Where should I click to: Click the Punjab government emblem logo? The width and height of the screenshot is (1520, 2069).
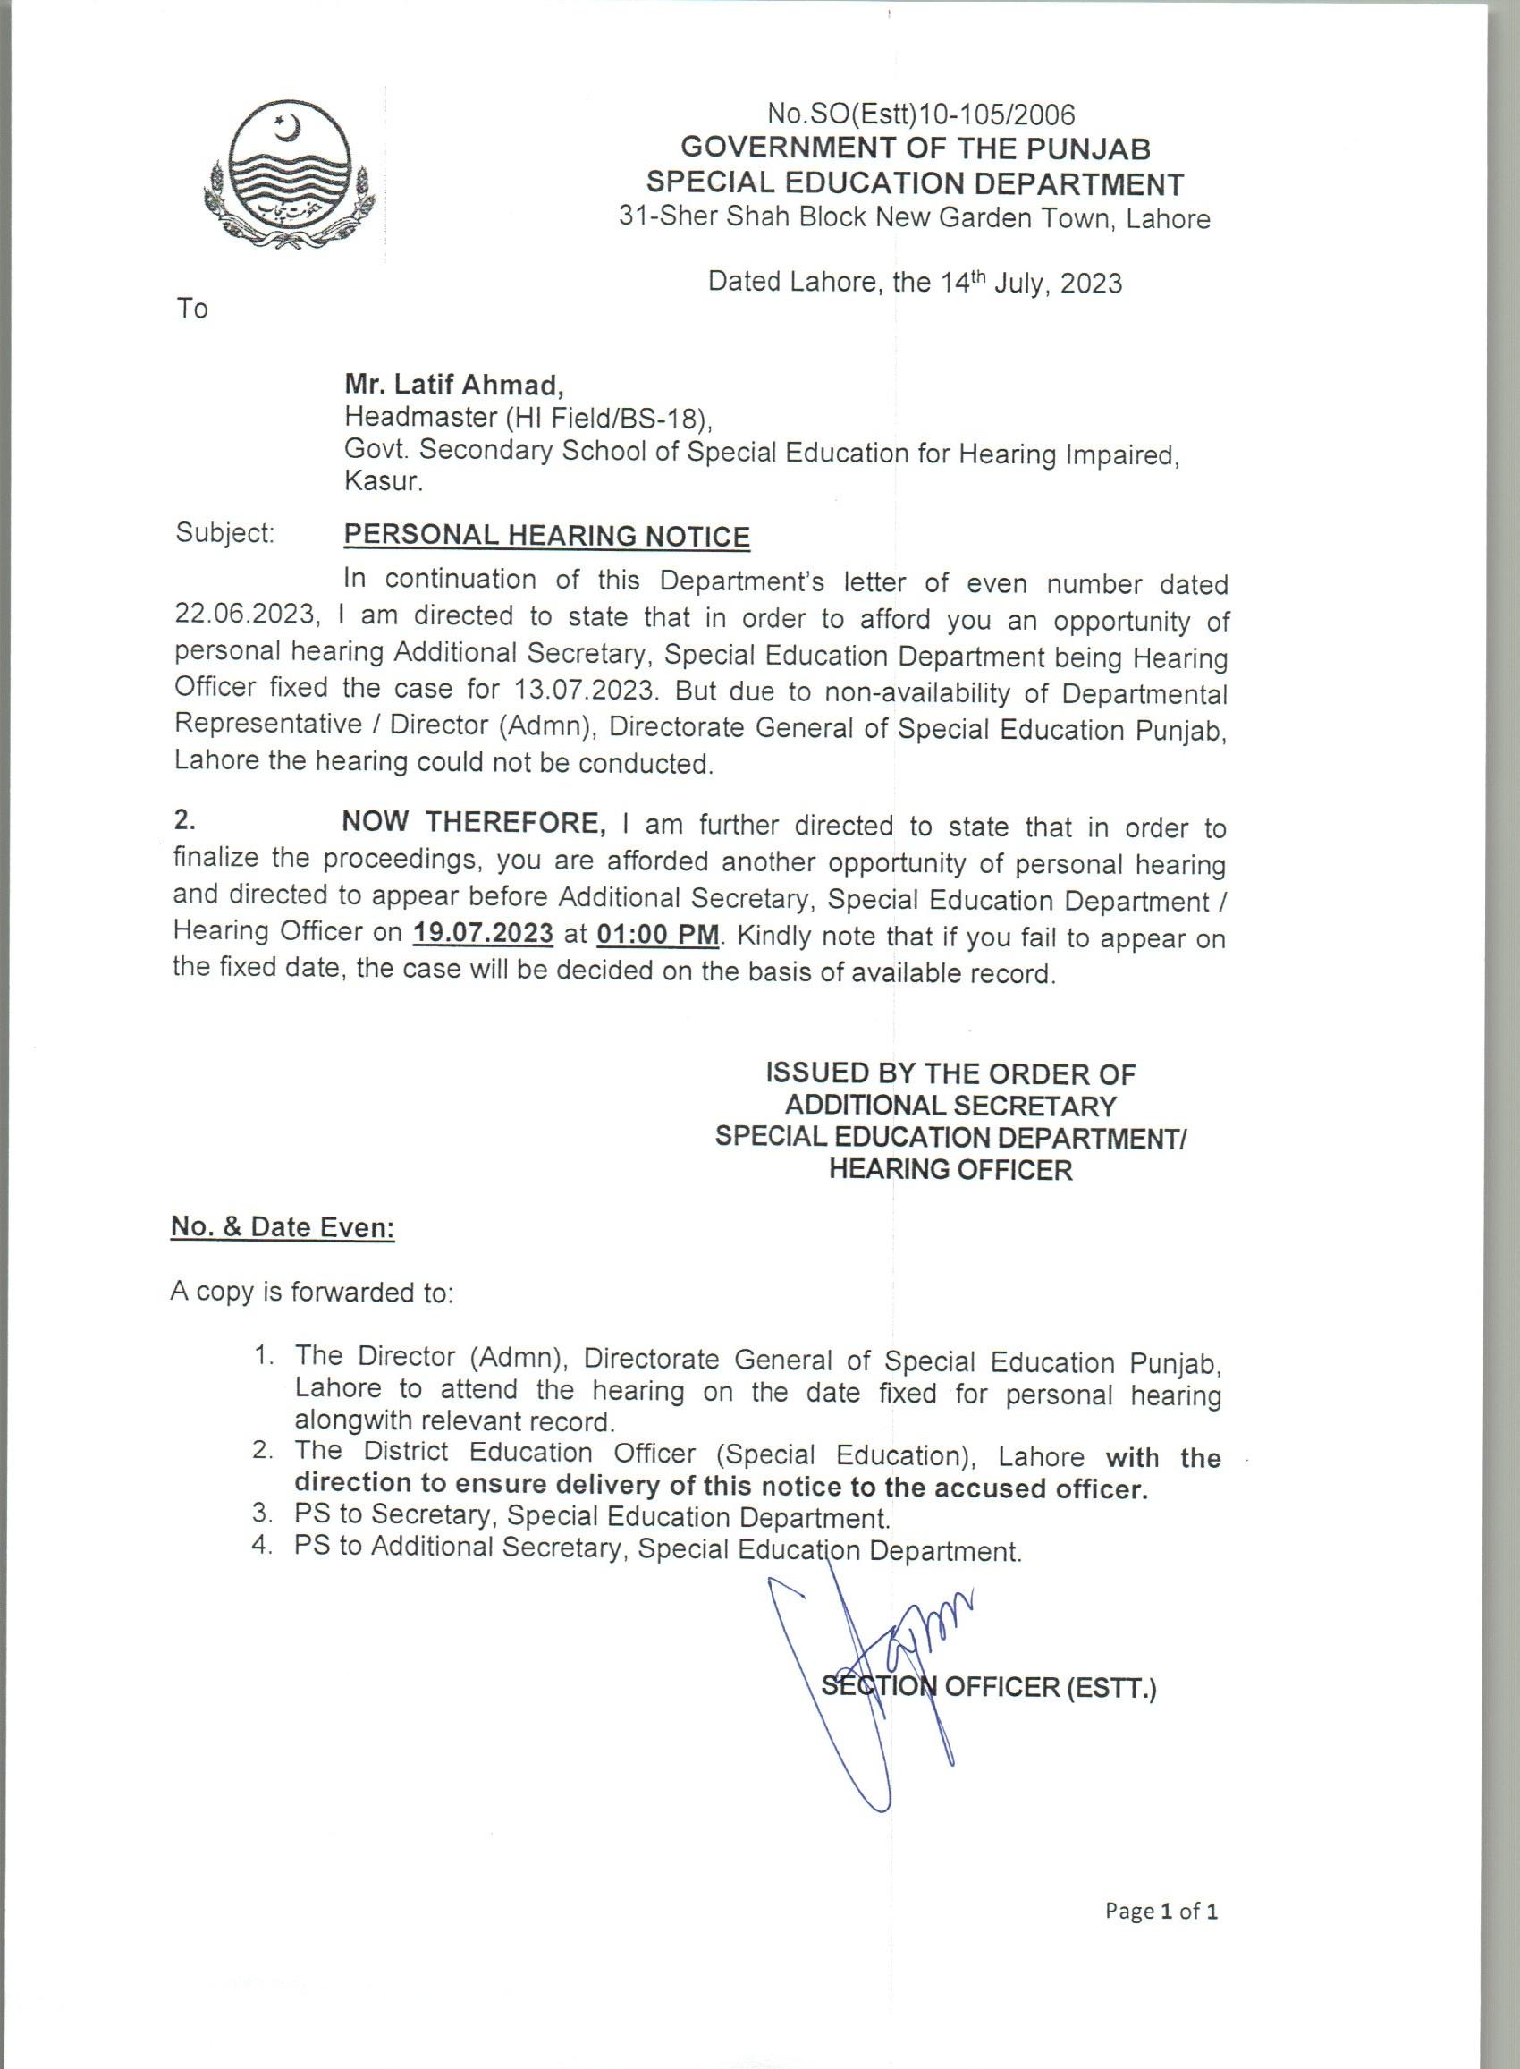click(289, 177)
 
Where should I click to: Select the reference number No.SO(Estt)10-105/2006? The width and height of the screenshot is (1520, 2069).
click(921, 114)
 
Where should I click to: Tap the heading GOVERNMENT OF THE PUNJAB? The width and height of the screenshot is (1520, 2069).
click(915, 148)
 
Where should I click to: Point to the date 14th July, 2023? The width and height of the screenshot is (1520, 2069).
click(1031, 282)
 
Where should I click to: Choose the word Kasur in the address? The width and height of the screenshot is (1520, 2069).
click(383, 480)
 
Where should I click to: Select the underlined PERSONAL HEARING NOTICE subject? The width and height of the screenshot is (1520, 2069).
click(546, 536)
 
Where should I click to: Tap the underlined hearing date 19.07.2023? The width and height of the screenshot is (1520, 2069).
click(483, 932)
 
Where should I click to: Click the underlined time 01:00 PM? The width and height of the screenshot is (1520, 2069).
click(658, 934)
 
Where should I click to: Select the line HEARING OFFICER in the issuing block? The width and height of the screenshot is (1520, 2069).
click(950, 1170)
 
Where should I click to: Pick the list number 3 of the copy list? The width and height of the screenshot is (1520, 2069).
click(262, 1514)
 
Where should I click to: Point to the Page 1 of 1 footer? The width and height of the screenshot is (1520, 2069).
click(1161, 1911)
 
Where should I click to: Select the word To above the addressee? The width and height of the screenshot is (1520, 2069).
click(192, 309)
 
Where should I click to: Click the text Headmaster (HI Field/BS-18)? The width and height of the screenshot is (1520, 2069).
click(529, 418)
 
